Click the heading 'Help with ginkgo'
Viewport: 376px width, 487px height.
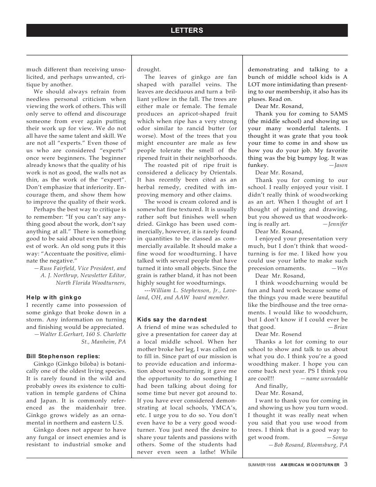coord(54,297)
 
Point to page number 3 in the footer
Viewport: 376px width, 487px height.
coord(345,464)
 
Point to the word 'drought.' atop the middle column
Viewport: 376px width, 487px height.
coord(149,70)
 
